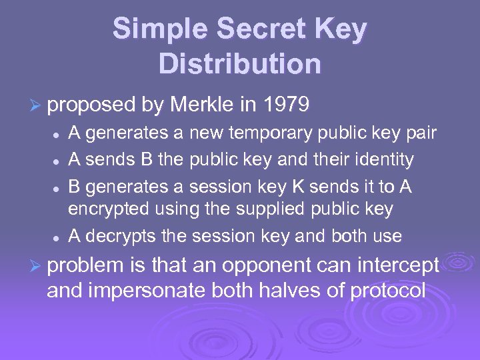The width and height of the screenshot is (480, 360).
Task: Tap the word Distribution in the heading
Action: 240,64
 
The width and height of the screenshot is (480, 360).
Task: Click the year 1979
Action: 286,105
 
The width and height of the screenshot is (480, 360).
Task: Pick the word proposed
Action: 92,105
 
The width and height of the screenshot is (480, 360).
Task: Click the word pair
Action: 420,133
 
